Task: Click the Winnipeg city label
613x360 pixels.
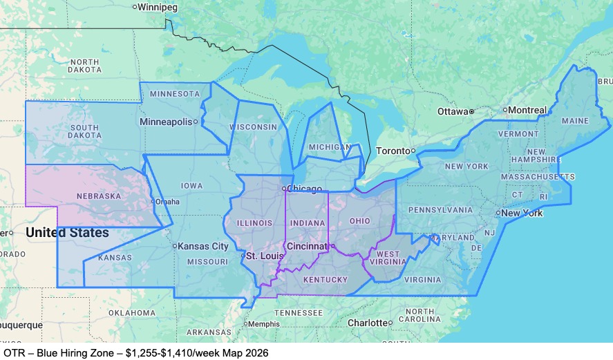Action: (x=158, y=7)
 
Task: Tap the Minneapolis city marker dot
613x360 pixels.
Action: (x=196, y=122)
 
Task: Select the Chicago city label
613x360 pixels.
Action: (x=305, y=189)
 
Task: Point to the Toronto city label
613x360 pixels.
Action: (x=392, y=151)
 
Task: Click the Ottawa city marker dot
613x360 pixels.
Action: (x=471, y=111)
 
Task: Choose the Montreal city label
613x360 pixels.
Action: (x=529, y=110)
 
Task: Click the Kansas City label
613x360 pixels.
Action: (x=203, y=246)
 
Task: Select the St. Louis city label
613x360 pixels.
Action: (x=265, y=256)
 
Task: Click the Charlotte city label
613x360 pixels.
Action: (x=367, y=323)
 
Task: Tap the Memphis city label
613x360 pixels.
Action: (x=265, y=324)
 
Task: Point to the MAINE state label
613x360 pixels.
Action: (x=575, y=121)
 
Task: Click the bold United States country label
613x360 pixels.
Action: (x=67, y=233)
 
